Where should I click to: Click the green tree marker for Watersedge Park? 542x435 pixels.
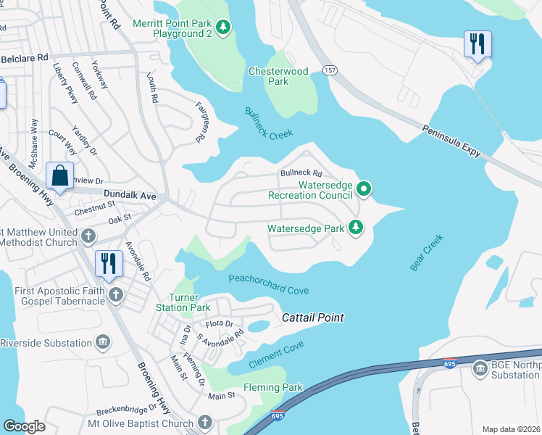pyautogui.click(x=356, y=228)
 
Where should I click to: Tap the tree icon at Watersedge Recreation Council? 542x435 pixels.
pyautogui.click(x=364, y=190)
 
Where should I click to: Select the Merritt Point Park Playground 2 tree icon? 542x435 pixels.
pyautogui.click(x=224, y=28)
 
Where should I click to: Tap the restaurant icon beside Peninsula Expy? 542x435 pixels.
pyautogui.click(x=478, y=45)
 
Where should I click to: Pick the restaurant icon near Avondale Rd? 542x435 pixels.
pyautogui.click(x=109, y=265)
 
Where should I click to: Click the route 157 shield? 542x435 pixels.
pyautogui.click(x=330, y=70)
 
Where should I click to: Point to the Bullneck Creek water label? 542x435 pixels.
pyautogui.click(x=268, y=124)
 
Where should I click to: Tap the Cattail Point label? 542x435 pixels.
pyautogui.click(x=312, y=318)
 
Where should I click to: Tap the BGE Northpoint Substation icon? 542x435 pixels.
pyautogui.click(x=480, y=369)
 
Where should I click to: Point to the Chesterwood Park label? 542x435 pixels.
pyautogui.click(x=278, y=76)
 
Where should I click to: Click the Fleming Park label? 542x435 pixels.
pyautogui.click(x=272, y=388)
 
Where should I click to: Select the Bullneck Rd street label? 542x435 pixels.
pyautogui.click(x=301, y=173)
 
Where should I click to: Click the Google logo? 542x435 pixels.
pyautogui.click(x=24, y=426)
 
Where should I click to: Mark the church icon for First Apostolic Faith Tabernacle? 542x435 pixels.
pyautogui.click(x=116, y=295)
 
